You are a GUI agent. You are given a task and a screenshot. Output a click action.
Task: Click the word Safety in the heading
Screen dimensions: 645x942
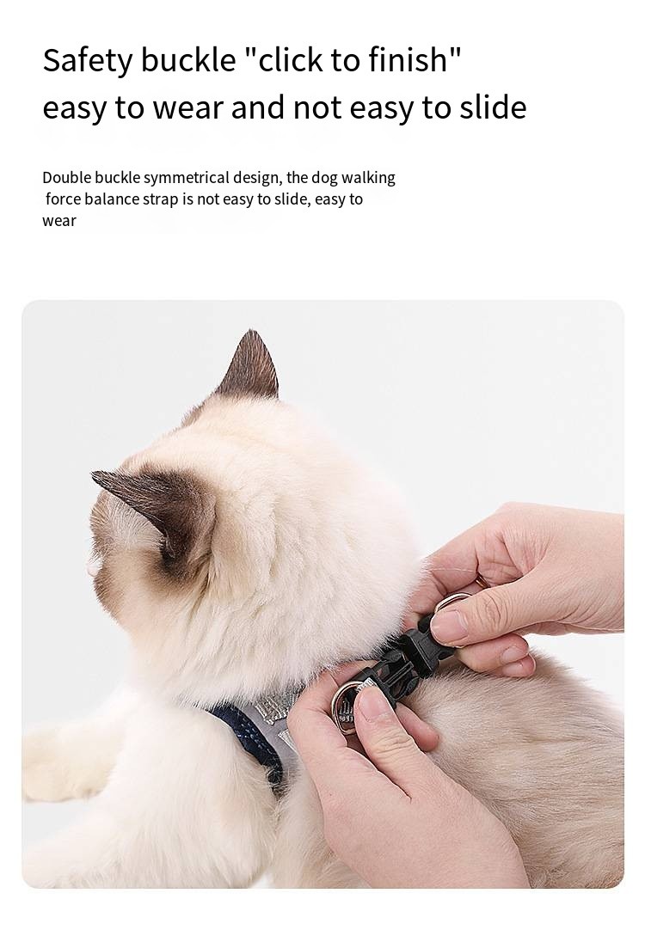coord(87,61)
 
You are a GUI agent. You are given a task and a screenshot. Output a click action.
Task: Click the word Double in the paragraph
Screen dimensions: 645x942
coord(66,178)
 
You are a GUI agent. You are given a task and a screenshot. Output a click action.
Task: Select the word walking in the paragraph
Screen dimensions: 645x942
coord(368,179)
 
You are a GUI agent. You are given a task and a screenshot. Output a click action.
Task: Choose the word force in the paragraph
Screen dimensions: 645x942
coord(63,199)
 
